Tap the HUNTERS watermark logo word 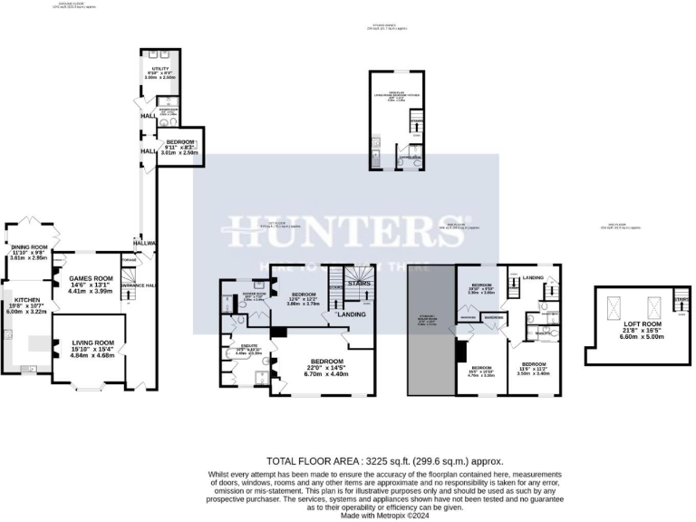click(346, 230)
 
